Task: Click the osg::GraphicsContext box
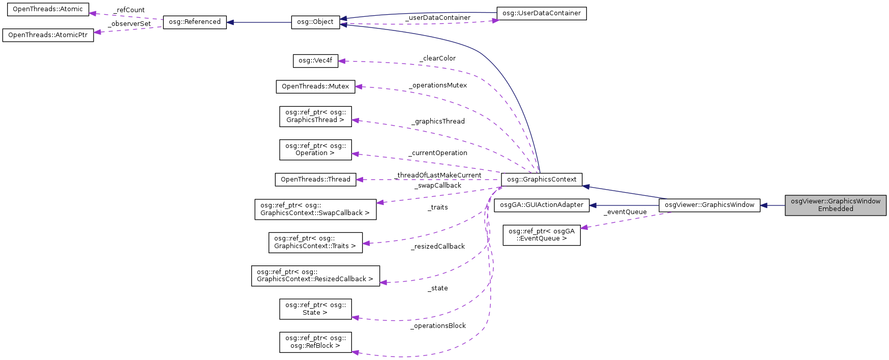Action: tap(541, 179)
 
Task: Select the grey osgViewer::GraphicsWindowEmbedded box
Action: tap(835, 205)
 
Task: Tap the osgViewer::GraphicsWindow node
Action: tap(709, 205)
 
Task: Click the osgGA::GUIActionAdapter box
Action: tap(541, 205)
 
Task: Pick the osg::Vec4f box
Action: tap(315, 61)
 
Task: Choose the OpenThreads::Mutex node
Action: tap(315, 86)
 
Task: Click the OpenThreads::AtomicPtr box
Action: tap(48, 35)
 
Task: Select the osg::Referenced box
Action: tap(195, 22)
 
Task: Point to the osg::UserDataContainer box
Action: tap(541, 13)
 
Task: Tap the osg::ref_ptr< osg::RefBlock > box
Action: tap(315, 342)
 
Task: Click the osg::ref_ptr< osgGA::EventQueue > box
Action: tap(541, 235)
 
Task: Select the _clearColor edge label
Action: tap(437, 58)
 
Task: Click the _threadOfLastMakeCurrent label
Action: tap(438, 175)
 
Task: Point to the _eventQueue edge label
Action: tap(625, 212)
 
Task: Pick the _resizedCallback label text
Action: tap(438, 247)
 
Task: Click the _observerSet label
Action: tap(129, 24)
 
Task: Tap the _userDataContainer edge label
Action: tap(438, 18)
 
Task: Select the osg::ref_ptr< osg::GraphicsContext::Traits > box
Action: tap(315, 242)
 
